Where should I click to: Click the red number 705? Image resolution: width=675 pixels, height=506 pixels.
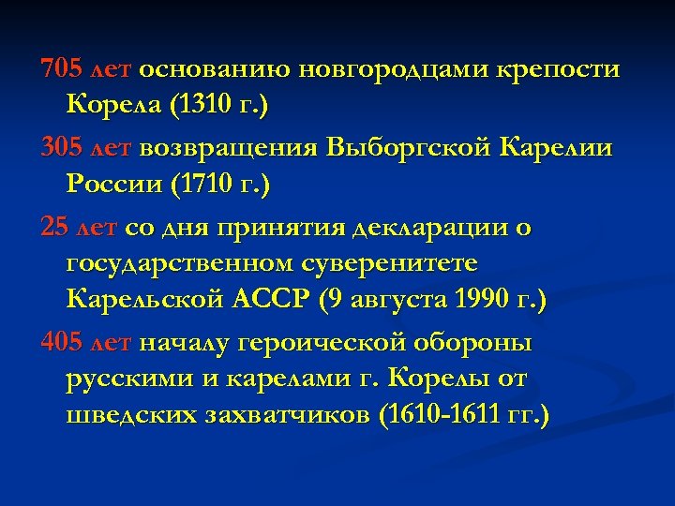[61, 69]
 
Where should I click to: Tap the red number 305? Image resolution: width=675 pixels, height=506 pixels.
[61, 148]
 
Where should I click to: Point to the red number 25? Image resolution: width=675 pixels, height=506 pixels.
[53, 227]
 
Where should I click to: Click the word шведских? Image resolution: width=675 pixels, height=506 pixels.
[130, 415]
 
